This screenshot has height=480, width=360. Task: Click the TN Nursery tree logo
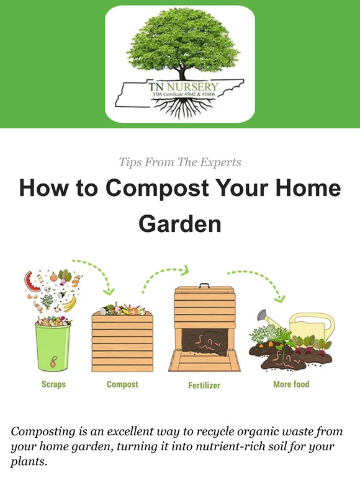180,64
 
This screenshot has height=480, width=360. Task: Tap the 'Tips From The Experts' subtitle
180,162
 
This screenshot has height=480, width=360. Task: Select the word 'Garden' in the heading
180,223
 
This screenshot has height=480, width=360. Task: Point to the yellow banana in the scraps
70,303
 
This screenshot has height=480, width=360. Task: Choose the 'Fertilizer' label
205,385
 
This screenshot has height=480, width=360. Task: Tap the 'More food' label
291,384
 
